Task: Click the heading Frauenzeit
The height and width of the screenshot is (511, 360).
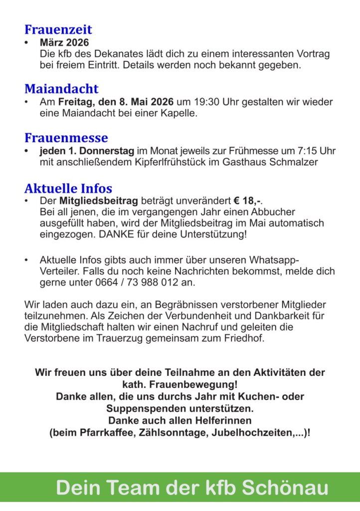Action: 58,30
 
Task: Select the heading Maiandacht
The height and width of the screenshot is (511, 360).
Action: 61,89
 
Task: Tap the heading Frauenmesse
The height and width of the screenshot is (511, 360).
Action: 66,138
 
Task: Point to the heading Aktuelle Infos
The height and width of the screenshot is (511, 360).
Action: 68,189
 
